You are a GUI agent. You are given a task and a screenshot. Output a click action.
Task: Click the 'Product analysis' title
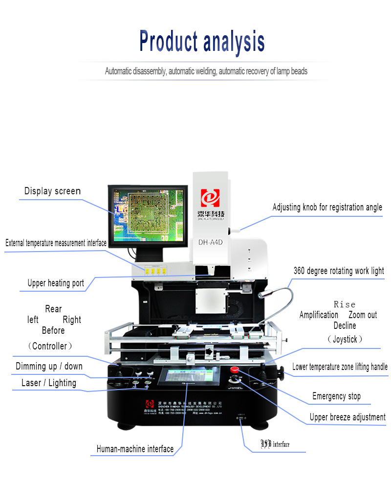click(x=202, y=41)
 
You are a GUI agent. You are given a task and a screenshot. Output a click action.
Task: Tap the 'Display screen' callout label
click(x=52, y=191)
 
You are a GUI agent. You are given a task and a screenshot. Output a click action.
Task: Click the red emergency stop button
click(x=235, y=370)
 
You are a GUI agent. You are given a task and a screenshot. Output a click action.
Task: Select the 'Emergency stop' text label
click(x=336, y=396)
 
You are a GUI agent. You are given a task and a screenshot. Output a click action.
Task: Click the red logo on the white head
click(x=211, y=198)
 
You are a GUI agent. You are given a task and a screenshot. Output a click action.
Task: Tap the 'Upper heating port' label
click(x=56, y=283)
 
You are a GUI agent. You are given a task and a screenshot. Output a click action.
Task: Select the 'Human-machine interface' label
click(x=135, y=448)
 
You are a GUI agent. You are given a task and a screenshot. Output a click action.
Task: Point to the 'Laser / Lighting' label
click(x=49, y=383)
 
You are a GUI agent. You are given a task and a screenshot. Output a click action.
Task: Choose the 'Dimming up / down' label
click(x=49, y=366)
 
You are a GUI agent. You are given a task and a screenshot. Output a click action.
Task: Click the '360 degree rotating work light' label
click(x=339, y=271)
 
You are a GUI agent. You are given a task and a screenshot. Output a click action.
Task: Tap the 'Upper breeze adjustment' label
click(x=348, y=417)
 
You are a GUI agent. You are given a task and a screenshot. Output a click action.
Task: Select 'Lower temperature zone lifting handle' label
click(x=340, y=367)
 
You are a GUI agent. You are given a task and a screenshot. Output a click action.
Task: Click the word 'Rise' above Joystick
click(x=345, y=304)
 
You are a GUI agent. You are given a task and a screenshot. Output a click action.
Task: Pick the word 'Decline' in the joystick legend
click(x=345, y=325)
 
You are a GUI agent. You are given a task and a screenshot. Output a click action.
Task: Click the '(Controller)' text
click(x=49, y=346)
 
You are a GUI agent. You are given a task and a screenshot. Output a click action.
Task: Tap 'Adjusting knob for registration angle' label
click(x=327, y=207)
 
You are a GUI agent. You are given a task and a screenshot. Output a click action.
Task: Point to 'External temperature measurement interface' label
click(x=56, y=243)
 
